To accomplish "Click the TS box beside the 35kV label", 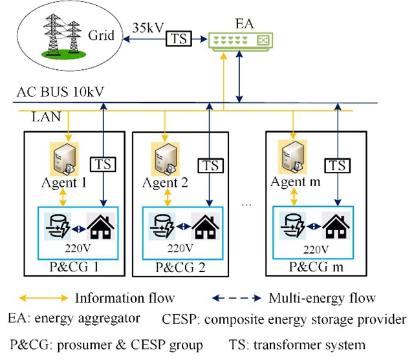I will (x=179, y=38).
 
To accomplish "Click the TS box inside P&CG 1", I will (x=104, y=164).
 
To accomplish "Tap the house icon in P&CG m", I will (x=336, y=226).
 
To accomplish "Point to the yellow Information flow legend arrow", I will (x=42, y=298).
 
